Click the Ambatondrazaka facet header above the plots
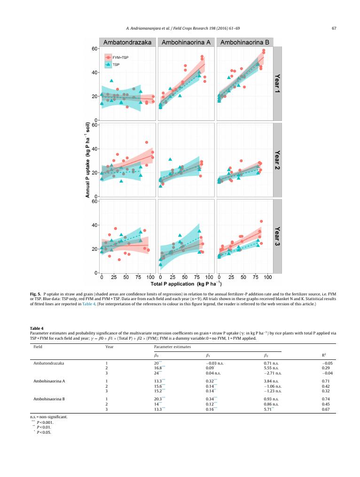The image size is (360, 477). click(127, 42)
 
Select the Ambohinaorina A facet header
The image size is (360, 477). click(186, 42)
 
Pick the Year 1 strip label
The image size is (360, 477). click(277, 83)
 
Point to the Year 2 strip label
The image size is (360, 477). click(277, 159)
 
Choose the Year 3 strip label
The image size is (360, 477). click(277, 236)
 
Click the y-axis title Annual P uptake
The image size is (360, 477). click(88, 159)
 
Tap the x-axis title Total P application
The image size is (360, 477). click(186, 284)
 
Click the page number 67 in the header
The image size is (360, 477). click(334, 28)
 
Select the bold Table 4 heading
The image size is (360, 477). click(36, 327)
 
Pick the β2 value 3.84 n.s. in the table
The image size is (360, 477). click(271, 381)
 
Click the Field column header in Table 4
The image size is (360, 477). click(38, 346)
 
